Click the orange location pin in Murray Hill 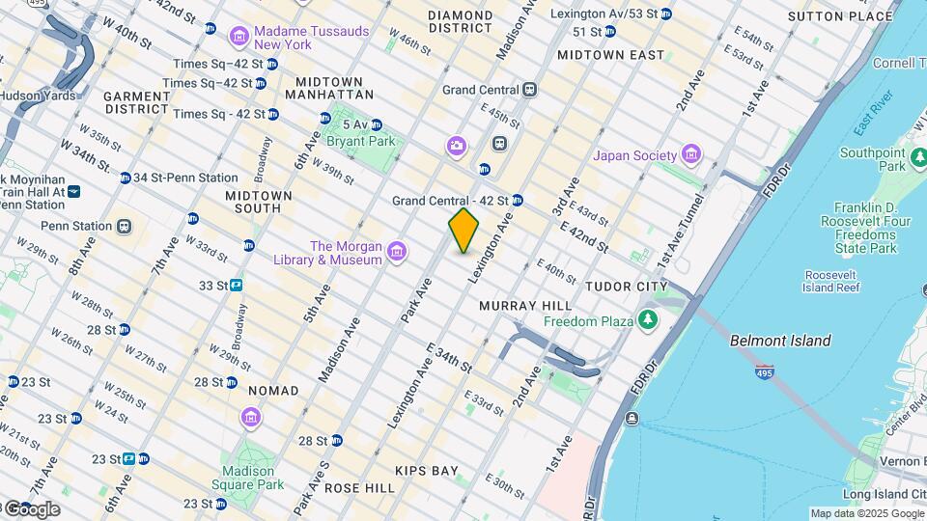tap(463, 231)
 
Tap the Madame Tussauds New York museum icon tap(239, 38)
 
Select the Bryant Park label tap(361, 142)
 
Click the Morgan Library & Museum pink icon tap(396, 253)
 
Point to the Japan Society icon tap(690, 154)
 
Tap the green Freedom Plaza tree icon tap(650, 320)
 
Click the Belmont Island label tap(780, 341)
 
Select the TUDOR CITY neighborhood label tap(626, 287)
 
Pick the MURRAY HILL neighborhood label tap(520, 305)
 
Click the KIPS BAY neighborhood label tap(426, 471)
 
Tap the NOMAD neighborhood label tap(267, 391)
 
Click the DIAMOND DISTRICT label tap(461, 21)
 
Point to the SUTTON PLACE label tap(840, 16)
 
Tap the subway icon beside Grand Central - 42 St tap(517, 201)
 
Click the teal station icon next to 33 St tap(236, 286)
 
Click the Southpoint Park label tap(871, 159)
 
